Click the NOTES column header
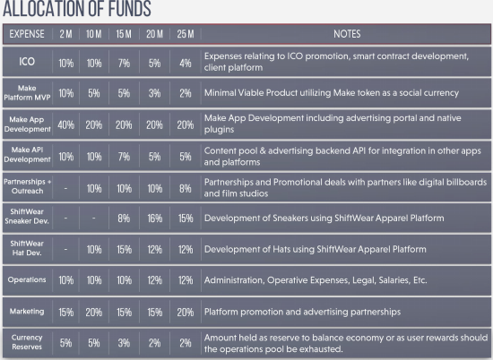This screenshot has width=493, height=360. pos(347,34)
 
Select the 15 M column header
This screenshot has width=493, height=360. pos(124,34)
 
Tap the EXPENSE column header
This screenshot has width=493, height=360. pos(27,34)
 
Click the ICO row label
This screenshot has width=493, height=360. pos(27,61)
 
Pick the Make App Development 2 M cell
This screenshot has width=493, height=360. pos(66,125)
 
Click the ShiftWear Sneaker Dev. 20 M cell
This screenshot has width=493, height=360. pos(155,219)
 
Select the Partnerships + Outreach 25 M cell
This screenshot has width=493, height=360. pos(186,188)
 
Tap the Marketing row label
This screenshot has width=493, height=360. pos(27,312)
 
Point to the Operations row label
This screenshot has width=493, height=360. pos(27,279)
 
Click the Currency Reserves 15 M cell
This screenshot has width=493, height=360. pos(124,343)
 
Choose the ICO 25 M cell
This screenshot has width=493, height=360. pos(186,64)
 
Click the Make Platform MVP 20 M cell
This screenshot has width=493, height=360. pos(155,93)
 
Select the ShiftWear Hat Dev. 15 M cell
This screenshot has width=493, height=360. pos(124,250)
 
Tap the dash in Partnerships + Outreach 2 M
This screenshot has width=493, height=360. pos(65,189)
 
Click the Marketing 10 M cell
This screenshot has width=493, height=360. pos(94,313)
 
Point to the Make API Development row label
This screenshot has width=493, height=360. pos(27,155)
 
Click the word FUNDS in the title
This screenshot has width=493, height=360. pos(130,9)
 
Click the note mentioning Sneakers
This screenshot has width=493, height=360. pos(324,218)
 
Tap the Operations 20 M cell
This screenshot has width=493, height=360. pos(155,280)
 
